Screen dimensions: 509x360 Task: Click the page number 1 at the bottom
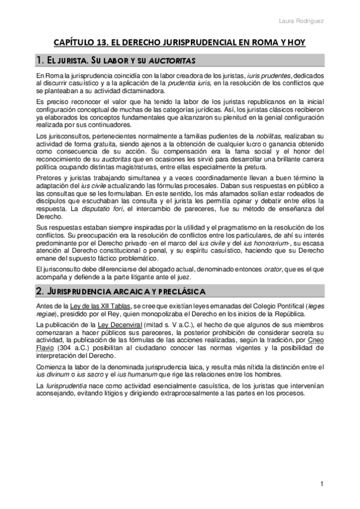pyautogui.click(x=322, y=484)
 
